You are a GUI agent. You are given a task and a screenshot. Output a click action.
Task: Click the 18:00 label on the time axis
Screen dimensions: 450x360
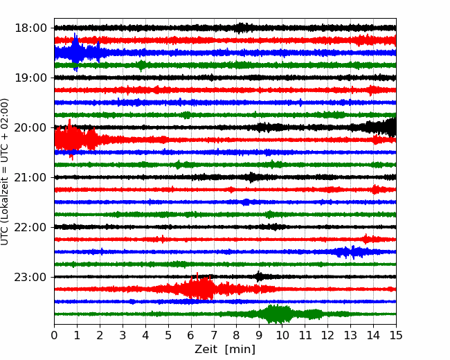point(30,28)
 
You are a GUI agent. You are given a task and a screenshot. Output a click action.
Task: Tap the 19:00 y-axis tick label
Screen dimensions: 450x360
point(30,78)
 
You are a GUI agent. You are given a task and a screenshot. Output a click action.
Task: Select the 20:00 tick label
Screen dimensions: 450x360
point(30,127)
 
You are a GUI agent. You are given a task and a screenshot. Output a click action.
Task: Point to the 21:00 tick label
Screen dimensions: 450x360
point(30,177)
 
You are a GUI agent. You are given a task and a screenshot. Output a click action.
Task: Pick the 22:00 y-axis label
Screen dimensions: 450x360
point(30,227)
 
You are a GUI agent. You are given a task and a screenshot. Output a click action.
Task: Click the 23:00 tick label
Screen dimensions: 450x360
point(30,277)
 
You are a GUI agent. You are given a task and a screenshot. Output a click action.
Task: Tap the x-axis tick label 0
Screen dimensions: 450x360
point(54,335)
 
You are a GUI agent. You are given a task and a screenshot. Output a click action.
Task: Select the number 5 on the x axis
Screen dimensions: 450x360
point(168,335)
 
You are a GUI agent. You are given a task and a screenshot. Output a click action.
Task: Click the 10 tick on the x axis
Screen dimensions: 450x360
point(282,335)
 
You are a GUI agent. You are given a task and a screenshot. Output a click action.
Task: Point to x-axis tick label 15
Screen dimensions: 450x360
point(396,335)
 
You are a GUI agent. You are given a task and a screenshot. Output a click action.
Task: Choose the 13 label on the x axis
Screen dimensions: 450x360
point(350,335)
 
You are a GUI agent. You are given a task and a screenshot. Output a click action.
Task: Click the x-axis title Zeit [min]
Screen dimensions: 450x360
point(225,350)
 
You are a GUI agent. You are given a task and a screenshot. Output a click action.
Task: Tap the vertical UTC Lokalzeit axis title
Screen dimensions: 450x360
point(5,172)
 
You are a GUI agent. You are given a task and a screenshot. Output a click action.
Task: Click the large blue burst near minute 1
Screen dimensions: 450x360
point(76,52)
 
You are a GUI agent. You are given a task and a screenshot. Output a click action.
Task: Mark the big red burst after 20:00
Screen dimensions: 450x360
point(75,140)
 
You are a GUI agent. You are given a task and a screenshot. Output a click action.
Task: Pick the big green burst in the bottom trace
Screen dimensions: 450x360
point(276,314)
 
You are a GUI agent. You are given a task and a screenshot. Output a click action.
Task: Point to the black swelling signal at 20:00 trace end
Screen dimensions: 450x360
point(381,127)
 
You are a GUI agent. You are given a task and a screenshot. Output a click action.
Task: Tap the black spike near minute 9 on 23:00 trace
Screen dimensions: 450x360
point(259,276)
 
